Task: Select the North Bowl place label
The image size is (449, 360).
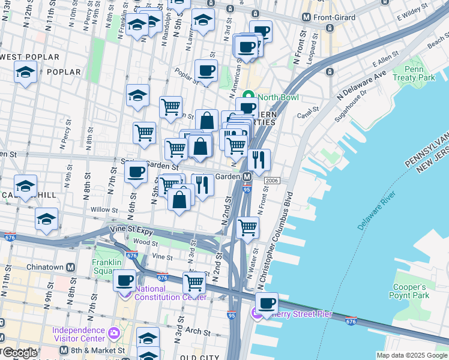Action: tap(278, 98)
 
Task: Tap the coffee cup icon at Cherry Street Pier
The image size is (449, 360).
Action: tap(267, 304)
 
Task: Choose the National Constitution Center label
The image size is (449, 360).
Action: tap(170, 293)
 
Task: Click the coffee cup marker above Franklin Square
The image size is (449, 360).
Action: tap(125, 280)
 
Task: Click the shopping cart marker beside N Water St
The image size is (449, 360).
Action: tap(248, 227)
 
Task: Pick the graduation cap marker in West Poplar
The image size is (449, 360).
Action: tap(26, 73)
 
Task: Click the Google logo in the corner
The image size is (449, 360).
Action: tap(20, 353)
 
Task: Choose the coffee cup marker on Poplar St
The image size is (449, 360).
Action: tap(206, 71)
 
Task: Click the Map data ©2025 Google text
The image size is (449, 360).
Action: tap(411, 355)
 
